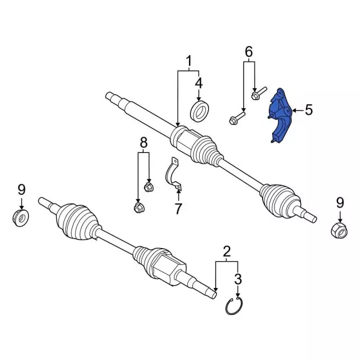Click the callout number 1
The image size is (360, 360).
189,61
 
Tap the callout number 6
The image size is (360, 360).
249,52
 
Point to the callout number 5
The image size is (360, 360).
308,110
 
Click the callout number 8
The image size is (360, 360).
143,143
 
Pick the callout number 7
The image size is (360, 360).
178,209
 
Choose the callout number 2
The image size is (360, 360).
227,251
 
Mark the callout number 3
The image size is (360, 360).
238,278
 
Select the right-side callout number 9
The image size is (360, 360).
340,202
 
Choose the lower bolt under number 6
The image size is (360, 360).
236,118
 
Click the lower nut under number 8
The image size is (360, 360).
138,208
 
